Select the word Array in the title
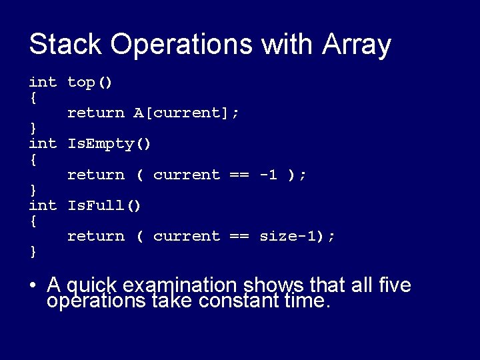tap(357, 45)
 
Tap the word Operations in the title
tap(182, 45)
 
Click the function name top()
tap(90, 82)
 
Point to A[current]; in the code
tap(187, 113)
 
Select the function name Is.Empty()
tap(109, 143)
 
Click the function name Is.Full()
tap(105, 205)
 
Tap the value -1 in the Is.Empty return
tap(268, 175)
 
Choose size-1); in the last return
tap(297, 236)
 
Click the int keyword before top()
tap(43, 82)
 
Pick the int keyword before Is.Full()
tap(43, 205)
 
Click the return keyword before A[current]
tap(95, 113)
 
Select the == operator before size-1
tap(239, 236)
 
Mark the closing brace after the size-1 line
tap(33, 251)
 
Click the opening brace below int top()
tap(33, 97)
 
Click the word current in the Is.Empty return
tap(186, 175)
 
